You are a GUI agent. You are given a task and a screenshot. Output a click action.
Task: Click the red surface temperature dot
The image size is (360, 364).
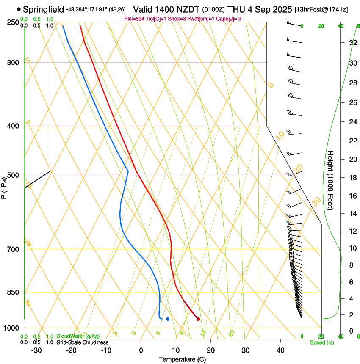tap(198, 319)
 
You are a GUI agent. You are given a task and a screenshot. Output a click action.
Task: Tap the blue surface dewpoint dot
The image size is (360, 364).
tap(168, 319)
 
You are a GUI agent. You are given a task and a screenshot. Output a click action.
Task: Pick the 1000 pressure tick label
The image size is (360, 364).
tap(12, 328)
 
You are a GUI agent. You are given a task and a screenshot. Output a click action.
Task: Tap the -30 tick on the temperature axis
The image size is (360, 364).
tap(36, 350)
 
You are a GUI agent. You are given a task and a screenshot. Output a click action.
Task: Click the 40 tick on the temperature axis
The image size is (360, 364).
tap(280, 350)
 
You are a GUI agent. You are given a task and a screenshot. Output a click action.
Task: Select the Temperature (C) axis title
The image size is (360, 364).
tap(182, 360)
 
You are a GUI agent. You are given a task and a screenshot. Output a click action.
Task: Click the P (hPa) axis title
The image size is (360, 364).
tap(4, 187)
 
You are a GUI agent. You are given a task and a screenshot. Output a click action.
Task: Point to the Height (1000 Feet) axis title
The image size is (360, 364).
tap(331, 180)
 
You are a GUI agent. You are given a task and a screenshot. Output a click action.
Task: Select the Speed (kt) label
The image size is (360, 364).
tap(321, 342)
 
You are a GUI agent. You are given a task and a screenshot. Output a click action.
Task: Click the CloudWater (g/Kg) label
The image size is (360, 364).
tap(78, 336)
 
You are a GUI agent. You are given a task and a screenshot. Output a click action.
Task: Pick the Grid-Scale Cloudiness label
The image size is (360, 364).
tap(82, 342)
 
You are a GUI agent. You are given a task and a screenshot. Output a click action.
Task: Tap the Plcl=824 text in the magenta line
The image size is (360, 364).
tap(135, 19)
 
